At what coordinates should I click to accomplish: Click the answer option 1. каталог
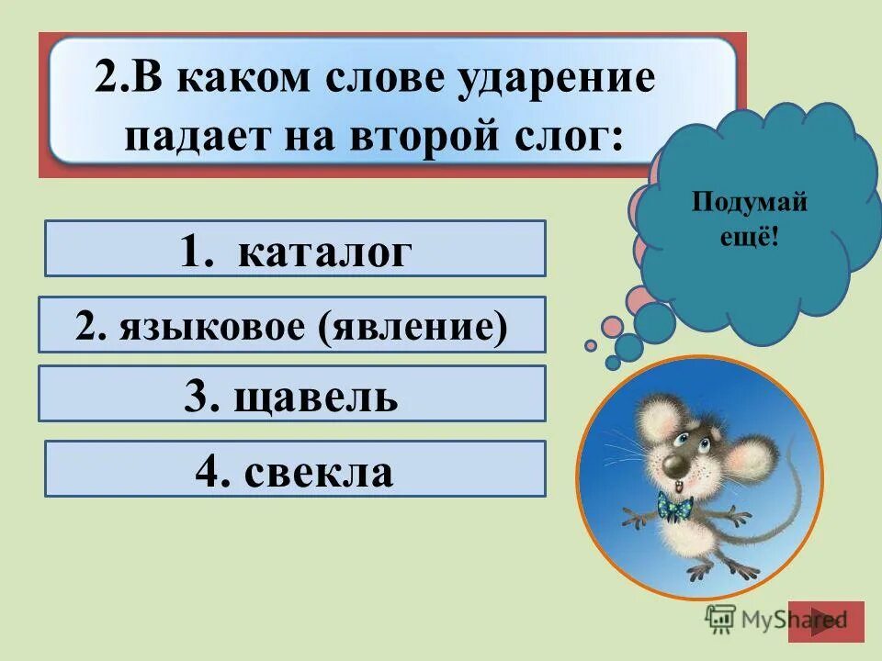click(x=295, y=249)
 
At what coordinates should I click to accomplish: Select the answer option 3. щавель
click(x=292, y=394)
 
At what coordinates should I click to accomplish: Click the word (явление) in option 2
click(x=413, y=324)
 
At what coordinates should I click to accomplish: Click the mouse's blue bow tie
click(x=673, y=506)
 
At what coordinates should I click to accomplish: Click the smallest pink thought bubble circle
click(x=591, y=345)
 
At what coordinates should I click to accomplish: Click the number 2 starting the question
click(x=105, y=81)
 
